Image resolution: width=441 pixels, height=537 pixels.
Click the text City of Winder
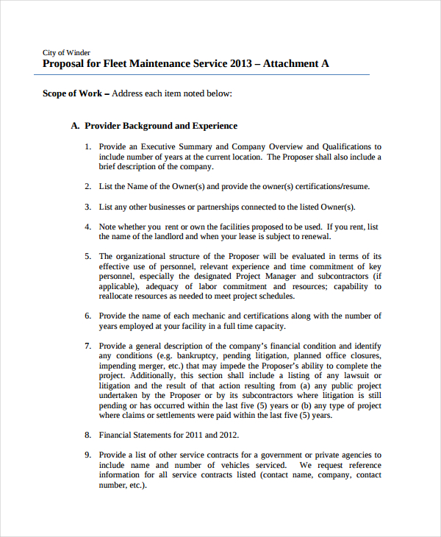pos(66,52)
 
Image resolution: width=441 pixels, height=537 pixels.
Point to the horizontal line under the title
pos(206,74)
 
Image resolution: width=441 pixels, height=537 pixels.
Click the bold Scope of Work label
pos(72,93)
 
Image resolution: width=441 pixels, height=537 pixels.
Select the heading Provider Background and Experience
pos(160,126)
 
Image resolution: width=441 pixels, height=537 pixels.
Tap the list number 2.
pos(87,187)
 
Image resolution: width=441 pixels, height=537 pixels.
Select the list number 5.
pos(87,257)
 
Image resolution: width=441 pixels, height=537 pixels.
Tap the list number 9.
pos(87,455)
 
